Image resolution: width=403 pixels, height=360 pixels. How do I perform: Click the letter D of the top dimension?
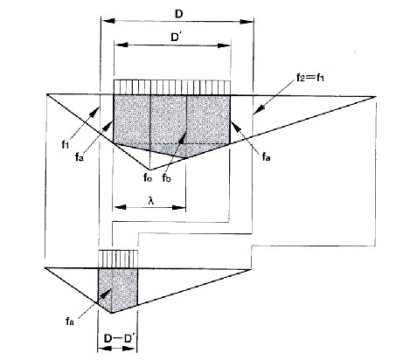(x=178, y=14)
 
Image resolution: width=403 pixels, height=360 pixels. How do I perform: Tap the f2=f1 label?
(x=310, y=78)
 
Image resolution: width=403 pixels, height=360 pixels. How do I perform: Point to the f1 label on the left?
(x=65, y=144)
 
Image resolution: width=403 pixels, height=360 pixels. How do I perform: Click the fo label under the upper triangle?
(x=148, y=177)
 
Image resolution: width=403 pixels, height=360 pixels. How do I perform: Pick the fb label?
(x=166, y=177)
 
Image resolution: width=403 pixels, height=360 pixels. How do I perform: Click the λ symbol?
(x=150, y=201)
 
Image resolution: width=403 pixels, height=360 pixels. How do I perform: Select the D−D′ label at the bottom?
(x=119, y=339)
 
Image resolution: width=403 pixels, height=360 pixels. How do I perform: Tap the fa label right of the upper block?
(x=266, y=157)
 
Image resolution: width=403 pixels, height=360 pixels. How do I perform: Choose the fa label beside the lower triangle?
(x=70, y=322)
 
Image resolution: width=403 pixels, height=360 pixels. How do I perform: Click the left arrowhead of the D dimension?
(x=108, y=21)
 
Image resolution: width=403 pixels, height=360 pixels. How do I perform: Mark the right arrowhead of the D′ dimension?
(x=224, y=45)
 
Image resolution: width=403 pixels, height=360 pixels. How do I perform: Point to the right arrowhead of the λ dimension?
(x=179, y=207)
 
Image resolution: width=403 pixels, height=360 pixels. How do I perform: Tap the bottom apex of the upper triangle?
(x=149, y=170)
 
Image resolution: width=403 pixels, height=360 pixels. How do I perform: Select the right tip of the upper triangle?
(x=375, y=96)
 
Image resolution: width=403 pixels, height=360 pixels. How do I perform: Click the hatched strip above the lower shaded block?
(x=118, y=259)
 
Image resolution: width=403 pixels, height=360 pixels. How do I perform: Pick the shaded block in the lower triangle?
(x=118, y=288)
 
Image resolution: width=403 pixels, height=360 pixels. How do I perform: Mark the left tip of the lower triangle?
(x=45, y=267)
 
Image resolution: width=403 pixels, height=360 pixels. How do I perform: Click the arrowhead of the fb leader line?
(x=182, y=136)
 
